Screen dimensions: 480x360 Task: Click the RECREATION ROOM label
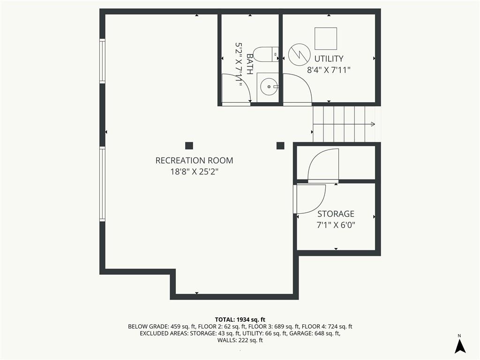click(x=195, y=160)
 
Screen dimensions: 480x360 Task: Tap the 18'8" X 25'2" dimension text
click(x=195, y=172)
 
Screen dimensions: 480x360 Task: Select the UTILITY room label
click(x=329, y=59)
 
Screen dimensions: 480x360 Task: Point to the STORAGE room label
click(x=336, y=214)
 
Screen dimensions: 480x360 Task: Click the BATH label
click(x=250, y=64)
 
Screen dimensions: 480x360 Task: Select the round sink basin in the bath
click(x=269, y=87)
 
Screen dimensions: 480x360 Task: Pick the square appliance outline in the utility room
click(x=326, y=38)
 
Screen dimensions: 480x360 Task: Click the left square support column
click(x=189, y=146)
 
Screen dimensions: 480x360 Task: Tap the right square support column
click(x=280, y=146)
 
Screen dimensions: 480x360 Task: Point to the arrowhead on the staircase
click(x=373, y=124)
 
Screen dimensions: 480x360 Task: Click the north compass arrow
click(x=460, y=346)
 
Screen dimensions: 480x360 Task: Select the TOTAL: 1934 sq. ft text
click(x=240, y=320)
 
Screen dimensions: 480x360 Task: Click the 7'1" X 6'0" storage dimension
click(x=336, y=225)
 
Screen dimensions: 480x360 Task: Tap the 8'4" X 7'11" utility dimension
click(x=329, y=70)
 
